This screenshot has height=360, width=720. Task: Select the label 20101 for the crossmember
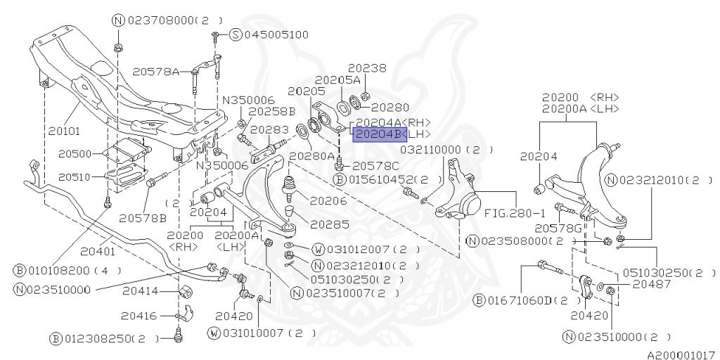coord(65,130)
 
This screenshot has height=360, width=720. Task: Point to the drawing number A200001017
coord(681,354)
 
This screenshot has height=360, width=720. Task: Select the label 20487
coord(651,284)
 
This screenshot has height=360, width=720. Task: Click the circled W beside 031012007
coord(317,250)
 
